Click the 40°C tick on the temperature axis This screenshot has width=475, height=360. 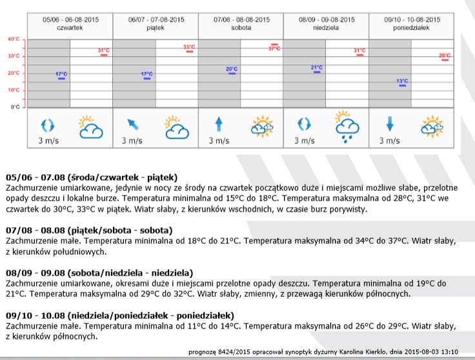[x=14, y=39]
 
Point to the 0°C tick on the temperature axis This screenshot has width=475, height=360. [x=15, y=107]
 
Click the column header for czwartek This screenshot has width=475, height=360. [x=70, y=24]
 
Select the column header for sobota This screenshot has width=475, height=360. [x=241, y=24]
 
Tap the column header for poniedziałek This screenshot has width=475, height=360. [x=412, y=24]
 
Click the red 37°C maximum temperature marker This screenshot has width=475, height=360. [x=274, y=46]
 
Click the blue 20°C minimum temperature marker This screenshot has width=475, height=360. [x=232, y=71]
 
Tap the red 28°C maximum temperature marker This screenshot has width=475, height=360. [x=445, y=57]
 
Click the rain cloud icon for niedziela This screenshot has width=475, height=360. [x=347, y=126]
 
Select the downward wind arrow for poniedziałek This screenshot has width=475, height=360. [x=390, y=124]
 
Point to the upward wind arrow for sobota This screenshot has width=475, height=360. [x=219, y=124]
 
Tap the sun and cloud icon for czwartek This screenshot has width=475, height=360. [x=90, y=127]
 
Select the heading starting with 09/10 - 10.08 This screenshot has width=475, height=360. [x=119, y=315]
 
